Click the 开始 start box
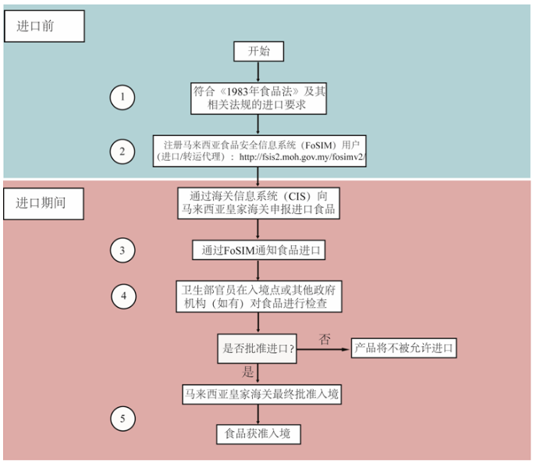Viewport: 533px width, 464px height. (258, 52)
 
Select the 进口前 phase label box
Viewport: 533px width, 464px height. (44, 27)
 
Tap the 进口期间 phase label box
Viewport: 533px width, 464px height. (44, 203)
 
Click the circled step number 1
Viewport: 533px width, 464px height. (123, 98)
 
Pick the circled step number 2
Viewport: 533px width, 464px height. (123, 152)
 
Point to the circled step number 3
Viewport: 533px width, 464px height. (123, 251)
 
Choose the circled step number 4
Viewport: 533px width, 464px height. (124, 296)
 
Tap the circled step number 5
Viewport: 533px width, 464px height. (123, 419)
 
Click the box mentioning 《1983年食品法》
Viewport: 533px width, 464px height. (258, 98)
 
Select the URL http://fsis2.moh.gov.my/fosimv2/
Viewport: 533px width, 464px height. (302, 157)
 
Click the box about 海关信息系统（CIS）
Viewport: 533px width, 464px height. (258, 203)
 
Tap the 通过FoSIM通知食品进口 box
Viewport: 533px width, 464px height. (258, 251)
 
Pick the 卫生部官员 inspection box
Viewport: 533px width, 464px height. (258, 296)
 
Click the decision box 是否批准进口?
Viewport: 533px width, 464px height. (258, 348)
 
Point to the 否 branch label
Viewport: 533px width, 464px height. (325, 339)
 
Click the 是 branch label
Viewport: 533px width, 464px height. (248, 372)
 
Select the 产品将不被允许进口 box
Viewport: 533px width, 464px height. (403, 348)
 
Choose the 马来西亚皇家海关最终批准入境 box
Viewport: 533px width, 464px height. (261, 394)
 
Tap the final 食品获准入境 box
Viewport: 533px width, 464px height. (258, 434)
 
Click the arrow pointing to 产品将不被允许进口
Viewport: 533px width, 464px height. (323, 349)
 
